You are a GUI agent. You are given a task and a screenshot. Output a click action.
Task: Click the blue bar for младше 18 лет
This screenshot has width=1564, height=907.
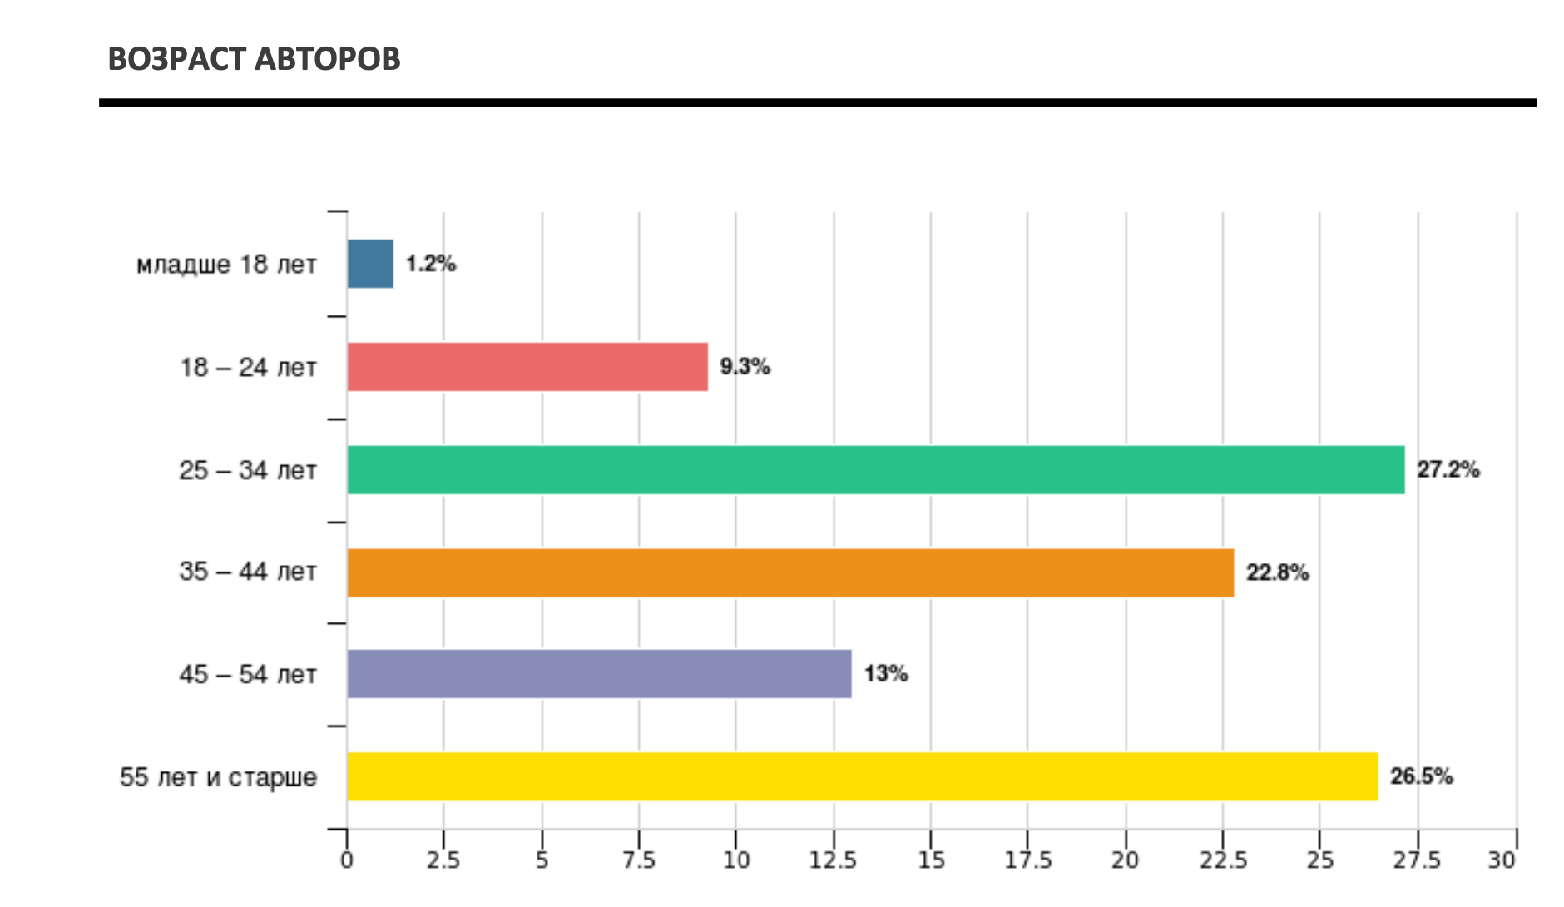tap(370, 264)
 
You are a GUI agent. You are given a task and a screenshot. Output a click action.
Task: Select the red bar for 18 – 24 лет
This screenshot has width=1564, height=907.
tap(527, 367)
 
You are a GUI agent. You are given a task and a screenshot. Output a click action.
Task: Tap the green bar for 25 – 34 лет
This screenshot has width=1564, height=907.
tap(875, 470)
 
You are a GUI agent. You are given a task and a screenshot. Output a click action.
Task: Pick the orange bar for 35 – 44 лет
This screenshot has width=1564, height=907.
tap(790, 572)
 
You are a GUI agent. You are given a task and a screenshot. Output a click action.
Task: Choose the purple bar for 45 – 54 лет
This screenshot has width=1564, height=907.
tap(599, 674)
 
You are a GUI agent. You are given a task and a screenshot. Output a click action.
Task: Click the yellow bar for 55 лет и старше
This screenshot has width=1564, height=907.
tap(862, 776)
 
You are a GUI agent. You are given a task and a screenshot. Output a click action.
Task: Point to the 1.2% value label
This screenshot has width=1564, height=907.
tap(431, 264)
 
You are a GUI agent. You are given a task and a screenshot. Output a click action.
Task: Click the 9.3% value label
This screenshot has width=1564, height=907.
tap(745, 367)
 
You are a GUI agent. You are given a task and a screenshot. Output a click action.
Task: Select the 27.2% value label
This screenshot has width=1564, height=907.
tap(1448, 470)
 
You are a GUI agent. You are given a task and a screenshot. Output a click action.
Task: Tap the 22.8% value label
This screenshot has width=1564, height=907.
tap(1277, 572)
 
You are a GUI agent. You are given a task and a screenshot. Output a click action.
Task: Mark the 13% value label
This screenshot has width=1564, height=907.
tap(885, 674)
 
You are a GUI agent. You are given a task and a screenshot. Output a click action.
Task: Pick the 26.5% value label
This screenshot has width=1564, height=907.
tap(1421, 776)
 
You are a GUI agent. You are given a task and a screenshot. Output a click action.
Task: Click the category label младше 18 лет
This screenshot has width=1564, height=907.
tap(226, 265)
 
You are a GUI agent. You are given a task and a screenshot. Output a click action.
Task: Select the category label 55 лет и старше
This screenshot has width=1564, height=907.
tap(218, 777)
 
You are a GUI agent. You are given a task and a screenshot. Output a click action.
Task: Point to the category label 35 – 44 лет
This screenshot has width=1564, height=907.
tap(248, 572)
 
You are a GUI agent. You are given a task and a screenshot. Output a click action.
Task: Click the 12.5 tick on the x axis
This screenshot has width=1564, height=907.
tap(833, 860)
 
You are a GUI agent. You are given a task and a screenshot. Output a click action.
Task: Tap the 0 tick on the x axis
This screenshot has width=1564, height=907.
tap(347, 860)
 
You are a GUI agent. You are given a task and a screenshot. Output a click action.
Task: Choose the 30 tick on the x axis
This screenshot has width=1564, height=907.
tap(1502, 860)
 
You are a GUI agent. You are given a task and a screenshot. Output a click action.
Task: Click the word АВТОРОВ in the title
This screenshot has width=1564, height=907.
tap(327, 59)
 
